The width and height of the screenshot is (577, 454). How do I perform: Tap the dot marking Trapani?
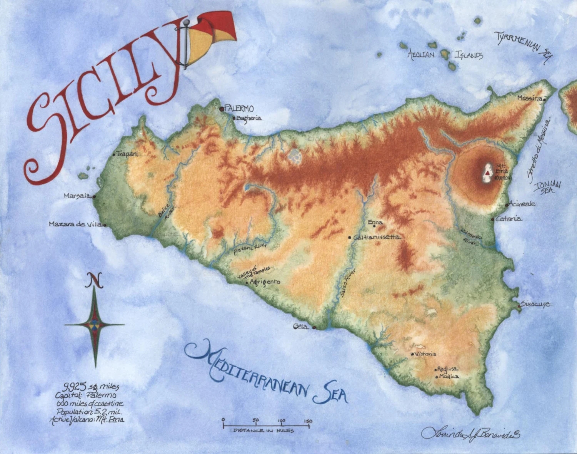pyautogui.click(x=114, y=154)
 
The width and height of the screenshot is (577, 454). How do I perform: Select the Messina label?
pyautogui.click(x=529, y=98)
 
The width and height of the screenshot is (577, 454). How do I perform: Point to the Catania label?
pyautogui.click(x=509, y=219)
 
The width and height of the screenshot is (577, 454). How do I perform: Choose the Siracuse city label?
pyautogui.click(x=536, y=304)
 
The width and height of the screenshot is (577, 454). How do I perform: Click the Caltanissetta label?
pyautogui.click(x=377, y=237)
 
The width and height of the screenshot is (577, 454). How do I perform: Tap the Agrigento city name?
pyautogui.click(x=265, y=282)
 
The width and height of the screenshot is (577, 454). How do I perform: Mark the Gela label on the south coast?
pyautogui.click(x=300, y=327)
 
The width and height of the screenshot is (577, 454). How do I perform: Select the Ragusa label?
pyautogui.click(x=447, y=369)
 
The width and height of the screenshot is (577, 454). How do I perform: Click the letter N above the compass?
pyautogui.click(x=93, y=281)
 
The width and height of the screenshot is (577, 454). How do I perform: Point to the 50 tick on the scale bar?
pyautogui.click(x=256, y=420)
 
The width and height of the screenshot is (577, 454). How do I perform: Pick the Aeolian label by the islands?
pyautogui.click(x=421, y=55)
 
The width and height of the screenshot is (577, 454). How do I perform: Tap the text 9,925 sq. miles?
pyautogui.click(x=91, y=387)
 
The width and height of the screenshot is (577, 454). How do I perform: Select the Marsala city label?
pyautogui.click(x=77, y=196)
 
